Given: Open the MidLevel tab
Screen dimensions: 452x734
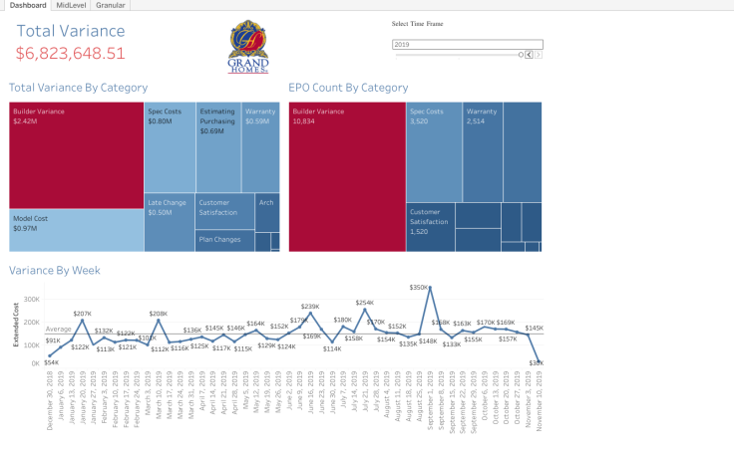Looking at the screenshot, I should pos(70,5).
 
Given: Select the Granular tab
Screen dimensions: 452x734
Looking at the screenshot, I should pos(110,5).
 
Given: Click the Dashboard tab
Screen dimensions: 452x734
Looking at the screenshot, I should pos(27,5).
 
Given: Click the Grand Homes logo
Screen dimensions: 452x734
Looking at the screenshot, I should pos(248,47).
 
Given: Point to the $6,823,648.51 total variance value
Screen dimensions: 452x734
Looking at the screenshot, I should pos(70,54).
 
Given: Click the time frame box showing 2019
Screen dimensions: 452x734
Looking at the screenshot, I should pos(467,45).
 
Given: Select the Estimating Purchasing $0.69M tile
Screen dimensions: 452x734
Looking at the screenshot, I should pos(217,146).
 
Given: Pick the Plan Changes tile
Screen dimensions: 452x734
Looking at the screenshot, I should pos(224,241).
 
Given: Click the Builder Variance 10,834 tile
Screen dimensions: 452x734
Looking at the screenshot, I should pos(346,176).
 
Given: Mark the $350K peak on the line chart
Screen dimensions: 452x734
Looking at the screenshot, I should pos(430,288).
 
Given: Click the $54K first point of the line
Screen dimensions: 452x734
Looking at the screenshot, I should pos(49,355).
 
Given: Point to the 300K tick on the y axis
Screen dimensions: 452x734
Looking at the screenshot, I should pos(31,299).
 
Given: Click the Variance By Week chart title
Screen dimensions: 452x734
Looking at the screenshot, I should pos(55,270).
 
